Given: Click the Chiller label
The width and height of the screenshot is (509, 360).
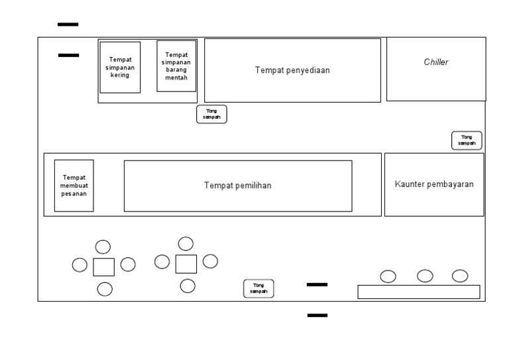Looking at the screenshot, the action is [x=435, y=62].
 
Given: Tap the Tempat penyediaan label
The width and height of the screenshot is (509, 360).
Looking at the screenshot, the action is [x=292, y=70].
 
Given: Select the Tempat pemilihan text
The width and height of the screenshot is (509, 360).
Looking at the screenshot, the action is [x=238, y=186].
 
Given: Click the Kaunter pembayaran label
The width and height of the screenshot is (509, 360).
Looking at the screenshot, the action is [x=434, y=184].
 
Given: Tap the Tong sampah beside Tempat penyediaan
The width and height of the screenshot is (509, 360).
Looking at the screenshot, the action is [x=211, y=114].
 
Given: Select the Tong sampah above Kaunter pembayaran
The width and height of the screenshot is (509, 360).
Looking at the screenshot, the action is [x=467, y=141].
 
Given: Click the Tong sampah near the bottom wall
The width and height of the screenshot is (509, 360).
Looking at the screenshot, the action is [x=258, y=288].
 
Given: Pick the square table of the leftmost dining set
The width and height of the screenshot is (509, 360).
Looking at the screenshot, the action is [x=104, y=267].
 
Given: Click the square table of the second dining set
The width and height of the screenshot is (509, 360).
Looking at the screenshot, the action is [x=186, y=264].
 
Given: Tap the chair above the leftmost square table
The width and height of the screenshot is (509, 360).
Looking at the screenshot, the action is [x=103, y=247].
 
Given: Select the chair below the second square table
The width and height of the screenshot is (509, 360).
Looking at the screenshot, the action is [x=188, y=286].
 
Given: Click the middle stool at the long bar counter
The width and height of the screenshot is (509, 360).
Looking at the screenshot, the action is [x=425, y=276].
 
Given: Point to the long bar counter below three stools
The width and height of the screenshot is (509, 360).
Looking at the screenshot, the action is [x=419, y=292].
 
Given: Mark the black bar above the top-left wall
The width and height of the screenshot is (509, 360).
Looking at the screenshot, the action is [x=68, y=25].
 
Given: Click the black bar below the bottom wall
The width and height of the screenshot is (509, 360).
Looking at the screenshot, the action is [x=317, y=315].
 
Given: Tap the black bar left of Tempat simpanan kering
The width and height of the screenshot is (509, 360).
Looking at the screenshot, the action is [x=68, y=55].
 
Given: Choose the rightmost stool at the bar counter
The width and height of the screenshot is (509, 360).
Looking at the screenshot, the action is [x=460, y=276].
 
